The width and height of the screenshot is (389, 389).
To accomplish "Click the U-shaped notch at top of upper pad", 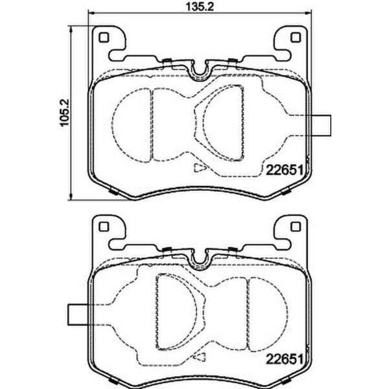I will (199, 67).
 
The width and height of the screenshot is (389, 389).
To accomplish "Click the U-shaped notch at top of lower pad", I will (199, 255).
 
